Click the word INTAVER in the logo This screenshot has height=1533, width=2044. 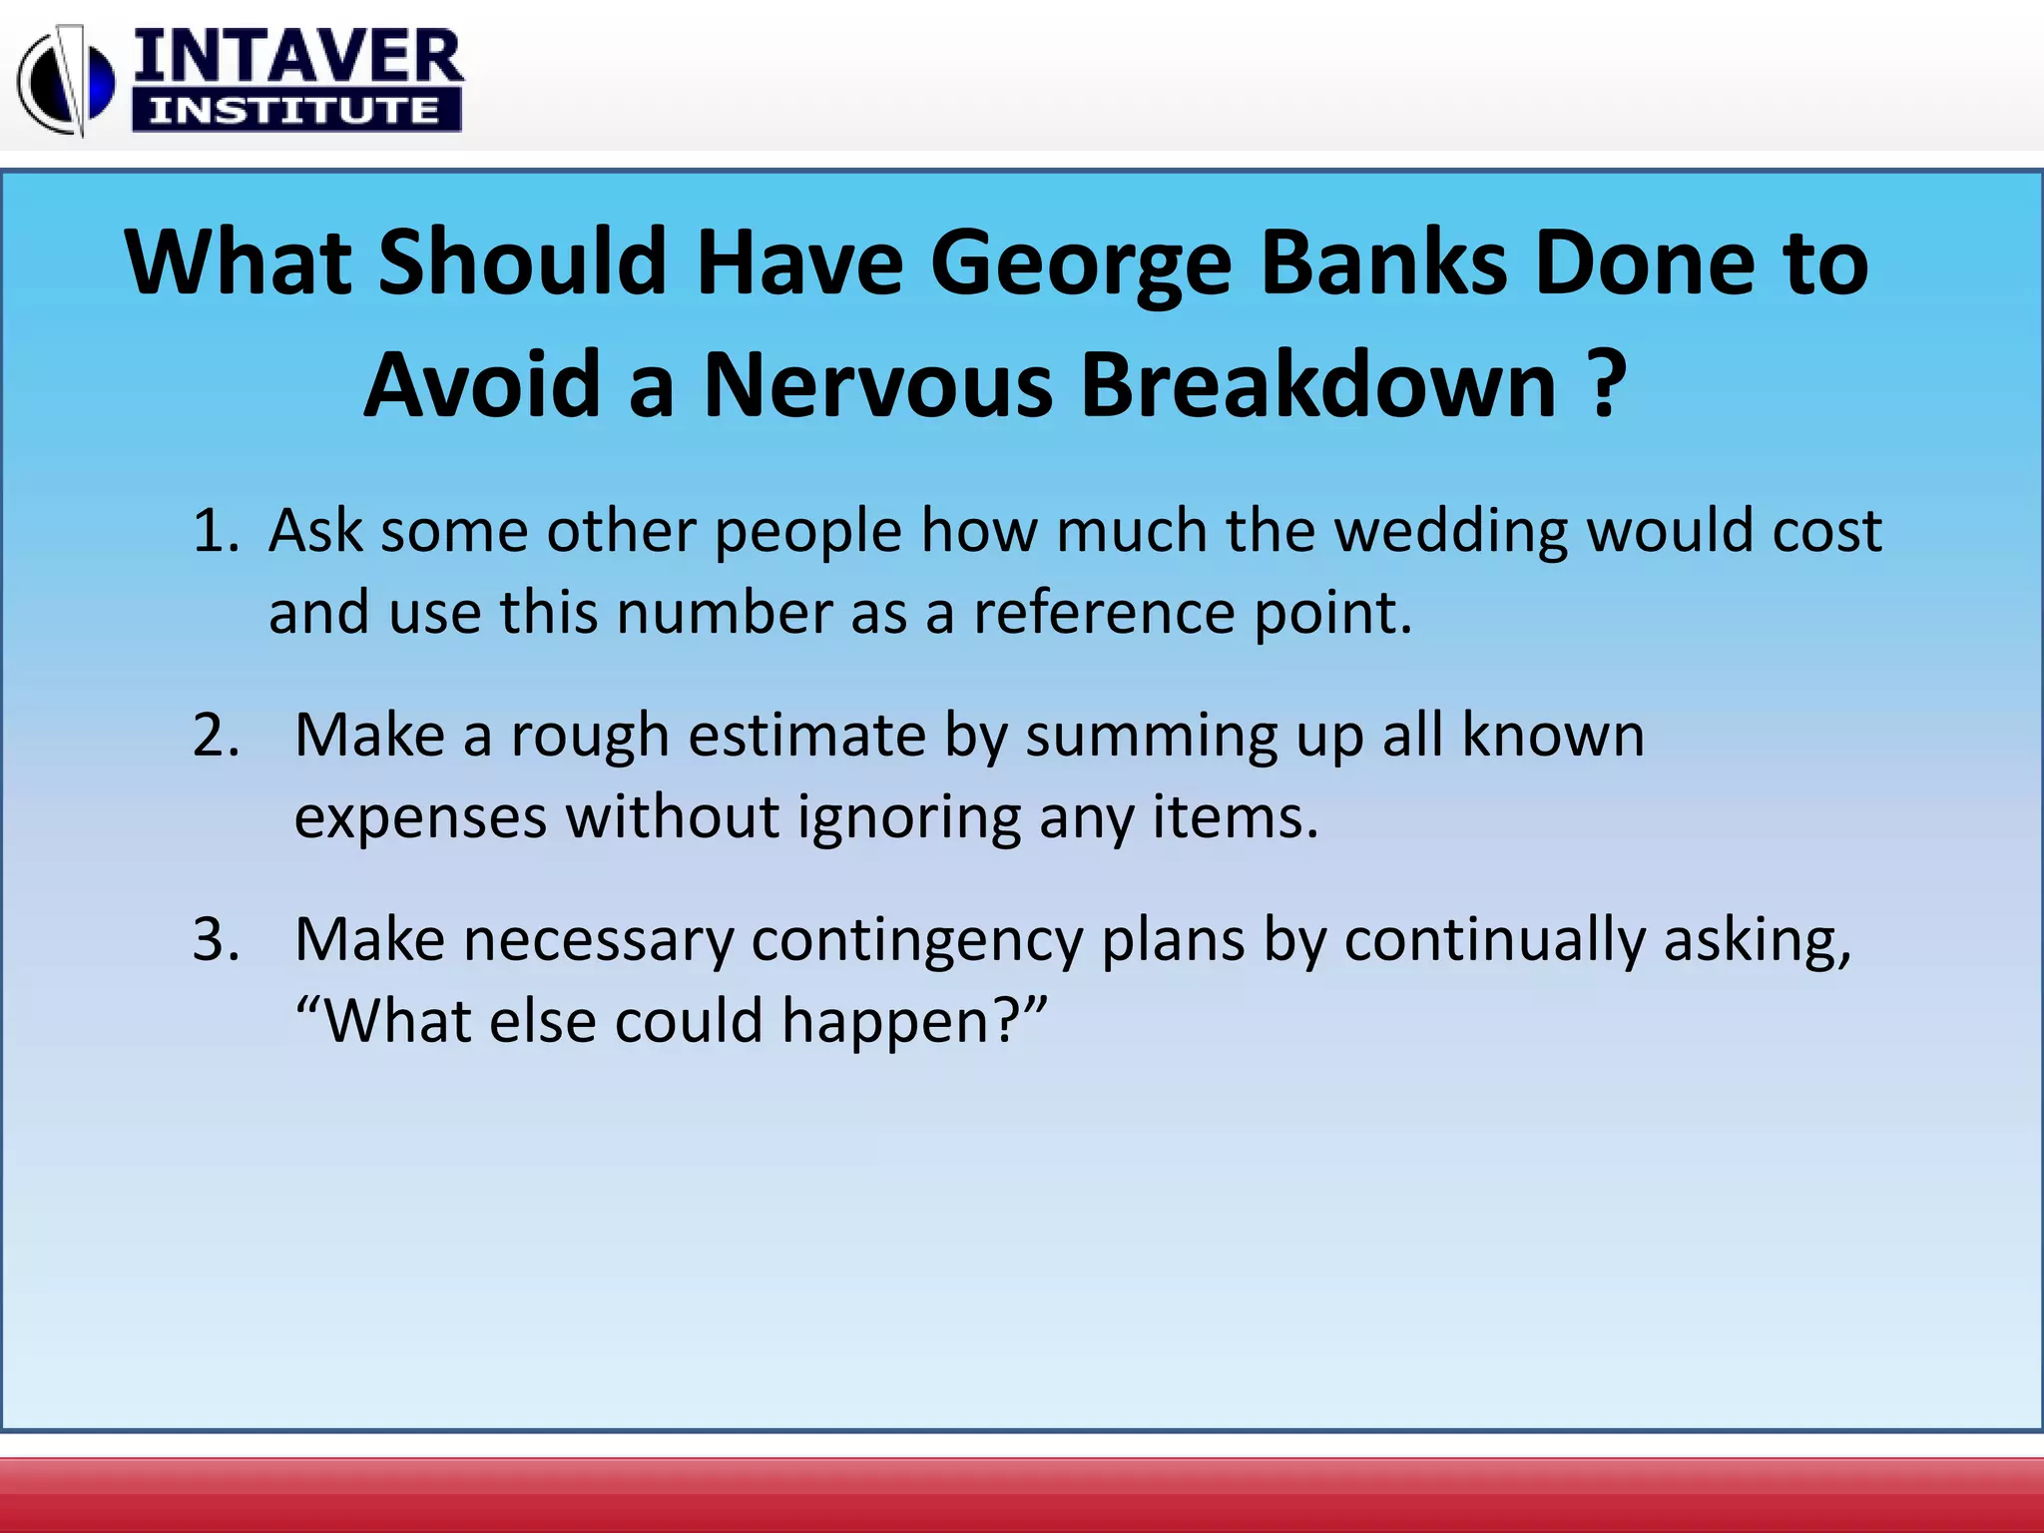click(297, 58)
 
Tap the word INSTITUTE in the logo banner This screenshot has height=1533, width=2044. click(295, 110)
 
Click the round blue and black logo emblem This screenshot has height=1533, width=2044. click(66, 80)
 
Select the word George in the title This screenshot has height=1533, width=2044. click(1081, 264)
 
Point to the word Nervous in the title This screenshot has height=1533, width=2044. click(877, 386)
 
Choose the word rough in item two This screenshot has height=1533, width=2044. click(589, 737)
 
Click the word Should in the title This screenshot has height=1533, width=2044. click(522, 262)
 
